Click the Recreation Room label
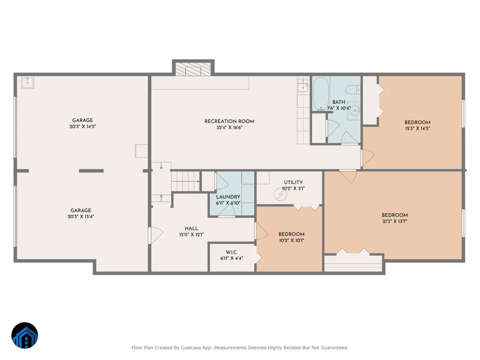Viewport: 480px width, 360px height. tap(229, 121)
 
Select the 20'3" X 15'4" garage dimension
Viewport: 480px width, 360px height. tap(81, 217)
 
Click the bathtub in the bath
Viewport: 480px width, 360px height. tap(321, 94)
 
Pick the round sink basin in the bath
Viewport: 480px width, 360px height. tap(354, 111)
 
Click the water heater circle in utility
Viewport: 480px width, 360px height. tap(280, 194)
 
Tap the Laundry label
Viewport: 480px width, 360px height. tap(228, 197)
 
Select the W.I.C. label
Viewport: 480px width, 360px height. tap(232, 252)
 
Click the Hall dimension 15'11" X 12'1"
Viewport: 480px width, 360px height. tap(191, 235)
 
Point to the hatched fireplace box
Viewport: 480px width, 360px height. tap(193, 69)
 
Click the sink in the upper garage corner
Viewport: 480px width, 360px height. tap(28, 82)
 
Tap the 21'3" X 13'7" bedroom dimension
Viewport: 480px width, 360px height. tap(394, 221)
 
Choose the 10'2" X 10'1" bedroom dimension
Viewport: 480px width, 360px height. tap(291, 240)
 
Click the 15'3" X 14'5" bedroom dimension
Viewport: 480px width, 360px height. tap(418, 128)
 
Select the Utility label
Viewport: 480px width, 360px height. tap(293, 182)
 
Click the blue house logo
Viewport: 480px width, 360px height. tap(25, 335)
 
